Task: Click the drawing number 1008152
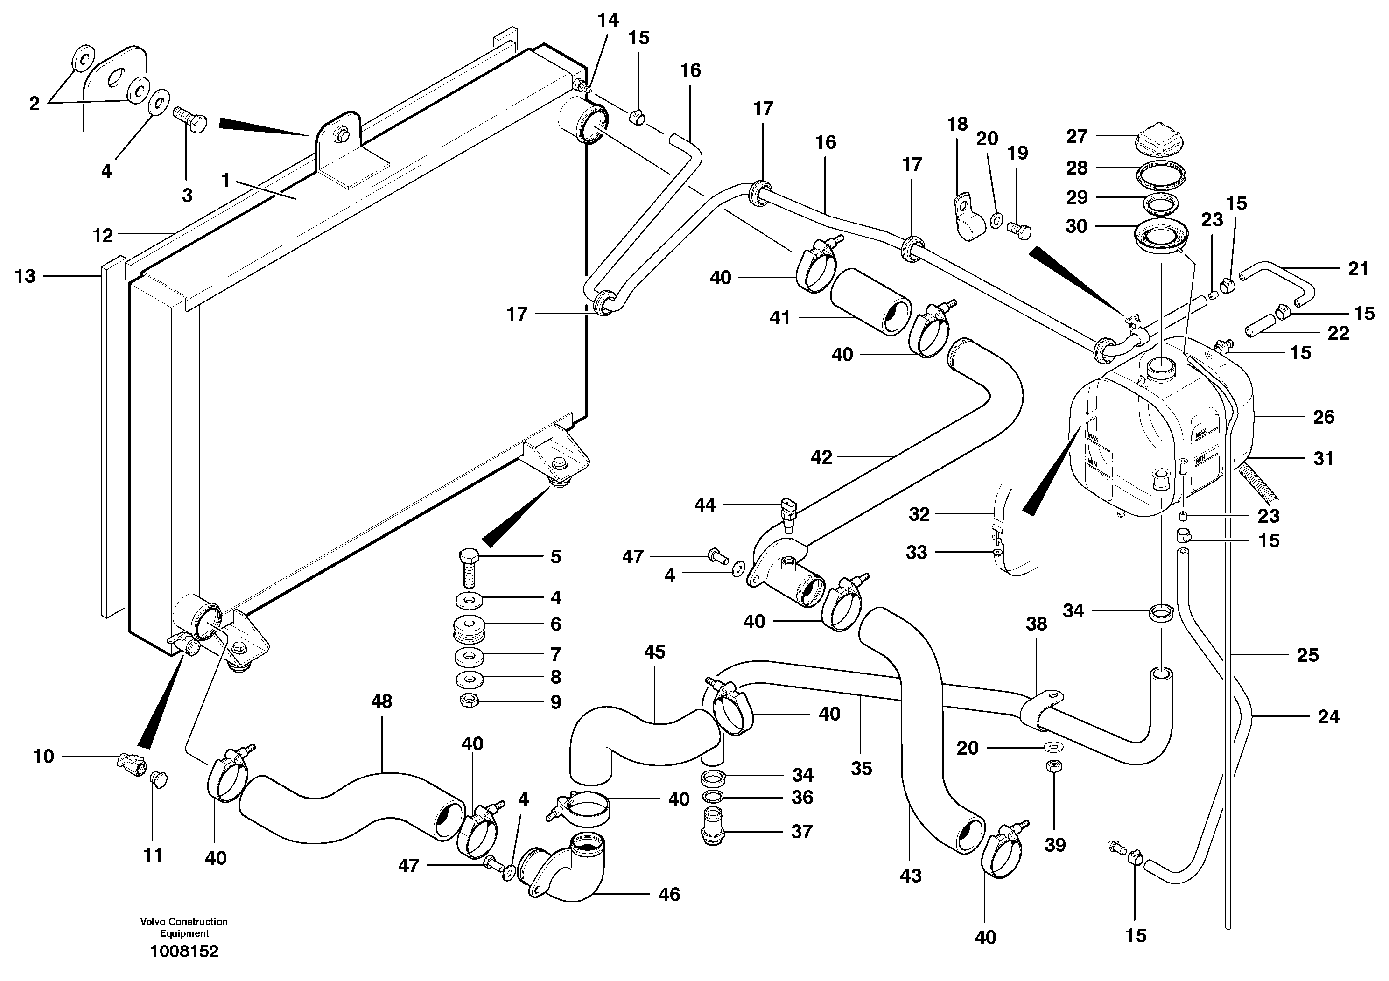pyautogui.click(x=184, y=951)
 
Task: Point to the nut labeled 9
pyautogui.click(x=469, y=701)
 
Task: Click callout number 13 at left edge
pyautogui.click(x=25, y=276)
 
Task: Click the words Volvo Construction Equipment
pyautogui.click(x=184, y=927)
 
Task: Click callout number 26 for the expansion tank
pyautogui.click(x=1324, y=417)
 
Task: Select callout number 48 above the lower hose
pyautogui.click(x=382, y=701)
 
